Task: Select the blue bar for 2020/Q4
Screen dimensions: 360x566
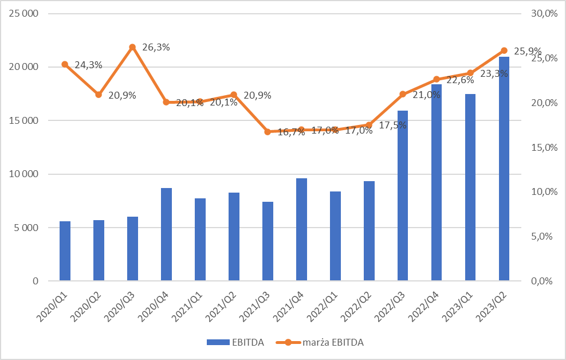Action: (x=166, y=234)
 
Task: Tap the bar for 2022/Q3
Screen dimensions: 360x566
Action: (x=403, y=195)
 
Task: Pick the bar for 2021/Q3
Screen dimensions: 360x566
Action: (x=268, y=241)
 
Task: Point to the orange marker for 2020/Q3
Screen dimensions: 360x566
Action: (x=132, y=47)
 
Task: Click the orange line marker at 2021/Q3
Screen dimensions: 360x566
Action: (x=268, y=132)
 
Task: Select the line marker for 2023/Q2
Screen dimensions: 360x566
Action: (x=504, y=50)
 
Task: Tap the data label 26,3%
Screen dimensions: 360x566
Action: (x=156, y=48)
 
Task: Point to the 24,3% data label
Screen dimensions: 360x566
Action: (x=88, y=65)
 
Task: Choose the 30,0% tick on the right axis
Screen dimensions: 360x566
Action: (x=544, y=13)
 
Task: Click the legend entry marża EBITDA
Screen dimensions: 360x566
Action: (x=332, y=343)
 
